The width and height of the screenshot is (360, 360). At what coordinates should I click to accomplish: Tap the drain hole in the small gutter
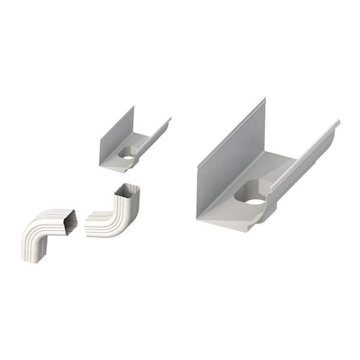[128, 155]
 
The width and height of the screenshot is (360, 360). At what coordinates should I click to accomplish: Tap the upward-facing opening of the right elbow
[128, 190]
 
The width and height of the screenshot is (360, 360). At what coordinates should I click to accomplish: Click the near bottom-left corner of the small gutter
[100, 163]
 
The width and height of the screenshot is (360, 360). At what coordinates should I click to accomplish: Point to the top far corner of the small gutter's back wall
[134, 107]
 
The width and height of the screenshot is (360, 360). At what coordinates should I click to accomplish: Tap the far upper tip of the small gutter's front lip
[170, 119]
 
